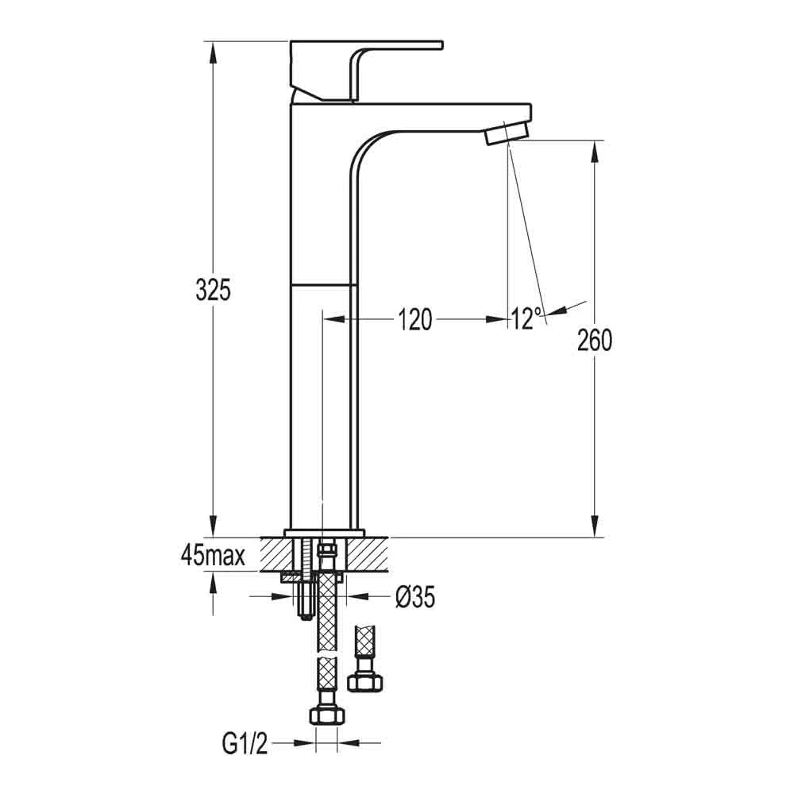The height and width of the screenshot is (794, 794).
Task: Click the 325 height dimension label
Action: (x=213, y=291)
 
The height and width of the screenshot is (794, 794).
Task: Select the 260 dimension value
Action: (x=595, y=341)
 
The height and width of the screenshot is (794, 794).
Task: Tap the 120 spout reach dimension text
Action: (x=415, y=320)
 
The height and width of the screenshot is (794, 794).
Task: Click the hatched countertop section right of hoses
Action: (x=365, y=553)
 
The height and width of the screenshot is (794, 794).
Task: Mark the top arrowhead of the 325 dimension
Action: (x=213, y=48)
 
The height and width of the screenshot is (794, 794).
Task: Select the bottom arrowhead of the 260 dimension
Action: (x=595, y=528)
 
